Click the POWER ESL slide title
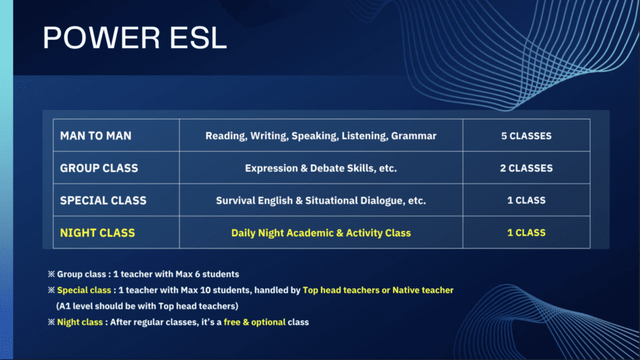tap(135, 38)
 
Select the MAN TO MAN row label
tap(96, 136)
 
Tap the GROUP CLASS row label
tap(99, 168)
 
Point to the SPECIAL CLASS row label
tap(103, 201)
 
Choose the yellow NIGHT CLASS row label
tap(97, 232)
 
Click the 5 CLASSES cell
tap(526, 136)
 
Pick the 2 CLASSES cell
tap(526, 168)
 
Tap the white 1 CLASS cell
tap(526, 201)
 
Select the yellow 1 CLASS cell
tap(526, 232)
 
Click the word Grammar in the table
tap(414, 136)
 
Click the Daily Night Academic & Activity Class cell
tap(321, 232)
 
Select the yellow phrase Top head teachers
tap(341, 290)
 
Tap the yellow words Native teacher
tap(423, 290)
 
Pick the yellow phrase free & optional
tap(255, 322)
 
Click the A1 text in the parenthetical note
tap(64, 306)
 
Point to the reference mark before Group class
tap(51, 274)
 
